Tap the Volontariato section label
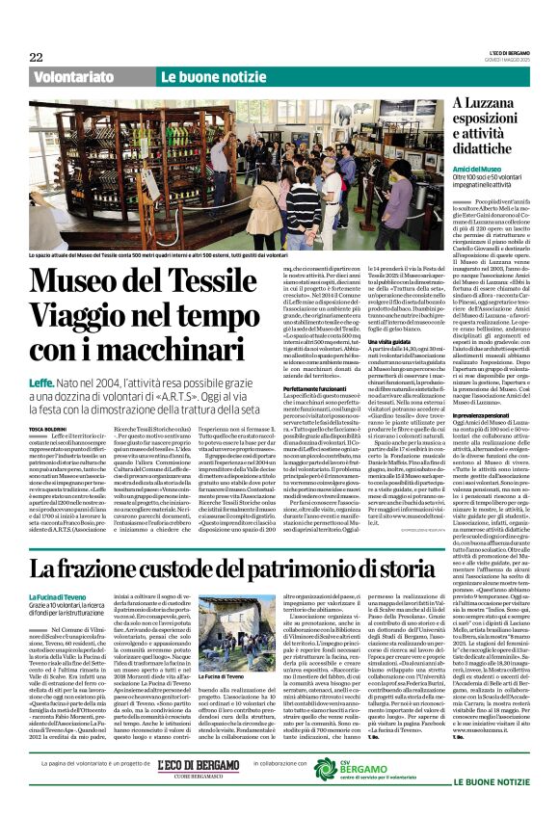(x=72, y=76)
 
